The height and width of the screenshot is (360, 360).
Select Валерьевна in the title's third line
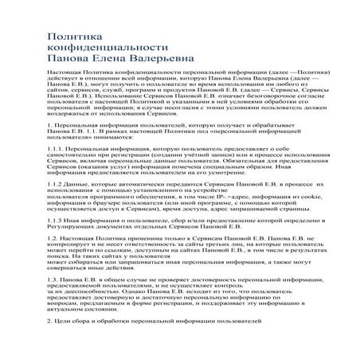click(x=160, y=60)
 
